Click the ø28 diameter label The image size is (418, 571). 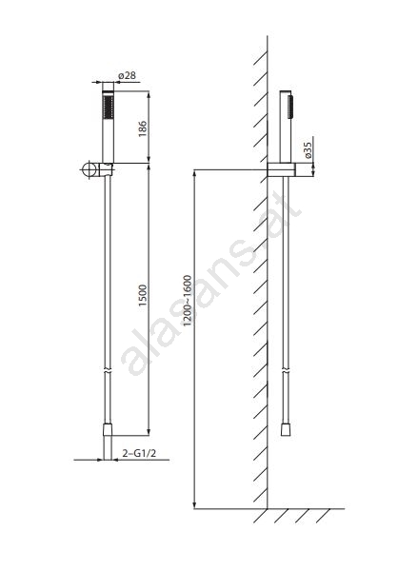pyautogui.click(x=127, y=75)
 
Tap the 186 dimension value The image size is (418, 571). pyautogui.click(x=143, y=128)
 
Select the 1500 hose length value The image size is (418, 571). pyautogui.click(x=143, y=295)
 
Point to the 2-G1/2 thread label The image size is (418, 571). pyautogui.click(x=139, y=453)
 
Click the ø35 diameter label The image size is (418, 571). pyautogui.click(x=308, y=150)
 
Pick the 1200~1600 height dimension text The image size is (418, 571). pyautogui.click(x=188, y=301)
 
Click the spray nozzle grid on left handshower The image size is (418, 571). pyautogui.click(x=109, y=107)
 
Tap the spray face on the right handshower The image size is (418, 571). pyautogui.click(x=290, y=107)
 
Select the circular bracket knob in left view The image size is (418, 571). pyautogui.click(x=89, y=169)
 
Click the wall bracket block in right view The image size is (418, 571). pyautogui.click(x=281, y=169)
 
